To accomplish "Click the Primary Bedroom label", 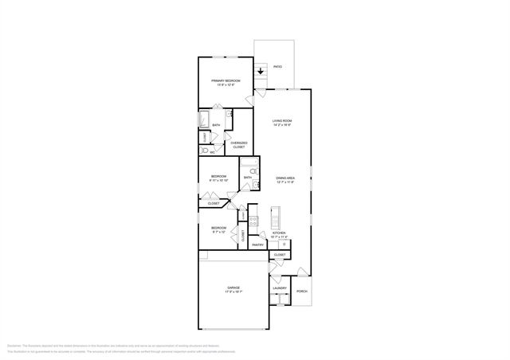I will pyautogui.click(x=226, y=80).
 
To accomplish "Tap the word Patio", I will pyautogui.click(x=277, y=67).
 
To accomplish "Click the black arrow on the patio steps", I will pyautogui.click(x=261, y=71).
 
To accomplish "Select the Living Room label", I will pyautogui.click(x=282, y=120).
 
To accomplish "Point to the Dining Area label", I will pyautogui.click(x=285, y=177).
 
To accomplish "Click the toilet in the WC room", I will pyautogui.click(x=203, y=150).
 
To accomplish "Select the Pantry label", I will pyautogui.click(x=257, y=245).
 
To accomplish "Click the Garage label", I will pyautogui.click(x=233, y=288).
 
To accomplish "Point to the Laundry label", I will pyautogui.click(x=279, y=288).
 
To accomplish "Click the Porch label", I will pyautogui.click(x=302, y=291).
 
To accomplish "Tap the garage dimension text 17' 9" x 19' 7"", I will pyautogui.click(x=233, y=292).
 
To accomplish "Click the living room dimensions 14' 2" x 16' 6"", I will pyautogui.click(x=282, y=125).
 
